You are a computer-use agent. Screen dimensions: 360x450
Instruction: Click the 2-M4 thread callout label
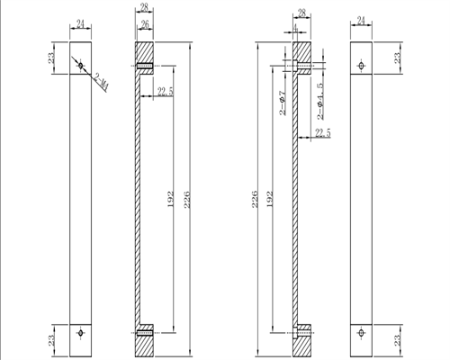click(102, 82)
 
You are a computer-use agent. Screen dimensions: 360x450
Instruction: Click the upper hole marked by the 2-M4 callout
click(81, 65)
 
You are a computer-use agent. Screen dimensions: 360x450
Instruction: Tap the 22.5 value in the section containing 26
click(165, 91)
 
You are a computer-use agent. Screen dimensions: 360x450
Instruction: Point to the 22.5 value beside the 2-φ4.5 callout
click(322, 133)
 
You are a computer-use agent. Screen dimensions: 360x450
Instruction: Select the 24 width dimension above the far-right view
click(362, 20)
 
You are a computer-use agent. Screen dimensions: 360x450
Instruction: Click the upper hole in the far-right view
click(362, 65)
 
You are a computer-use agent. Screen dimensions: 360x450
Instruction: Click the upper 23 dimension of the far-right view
click(395, 58)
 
